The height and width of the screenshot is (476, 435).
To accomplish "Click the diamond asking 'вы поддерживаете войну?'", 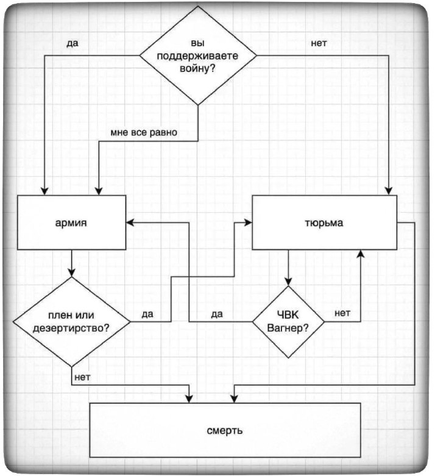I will click(198, 55).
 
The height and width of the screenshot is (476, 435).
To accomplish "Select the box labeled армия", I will click(71, 222).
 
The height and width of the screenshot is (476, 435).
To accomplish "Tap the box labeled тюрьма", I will click(324, 222).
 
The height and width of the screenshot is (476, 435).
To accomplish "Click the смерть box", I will click(225, 430).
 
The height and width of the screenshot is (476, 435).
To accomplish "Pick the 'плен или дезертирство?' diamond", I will click(72, 321).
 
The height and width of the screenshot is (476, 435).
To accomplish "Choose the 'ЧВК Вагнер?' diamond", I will click(288, 321).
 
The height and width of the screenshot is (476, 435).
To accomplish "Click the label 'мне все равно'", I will click(144, 132).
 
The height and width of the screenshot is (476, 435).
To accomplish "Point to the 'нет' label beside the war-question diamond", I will click(319, 44).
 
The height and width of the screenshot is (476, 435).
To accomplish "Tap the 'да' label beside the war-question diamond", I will click(73, 44).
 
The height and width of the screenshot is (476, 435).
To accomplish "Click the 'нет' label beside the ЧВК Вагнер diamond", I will click(342, 313).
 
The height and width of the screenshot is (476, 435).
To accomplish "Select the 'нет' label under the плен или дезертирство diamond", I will click(82, 377).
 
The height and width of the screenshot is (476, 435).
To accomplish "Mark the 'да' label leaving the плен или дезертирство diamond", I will click(147, 314).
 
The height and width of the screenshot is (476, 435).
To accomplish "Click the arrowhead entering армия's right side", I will click(131, 222).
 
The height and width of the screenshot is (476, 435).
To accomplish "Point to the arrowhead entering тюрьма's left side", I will click(248, 222).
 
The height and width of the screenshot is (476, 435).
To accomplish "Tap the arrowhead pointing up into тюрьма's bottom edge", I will click(361, 254).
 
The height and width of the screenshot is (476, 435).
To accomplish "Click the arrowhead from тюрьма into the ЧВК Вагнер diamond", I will click(288, 281).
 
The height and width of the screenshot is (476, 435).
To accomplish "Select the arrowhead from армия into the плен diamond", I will click(72, 272).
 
